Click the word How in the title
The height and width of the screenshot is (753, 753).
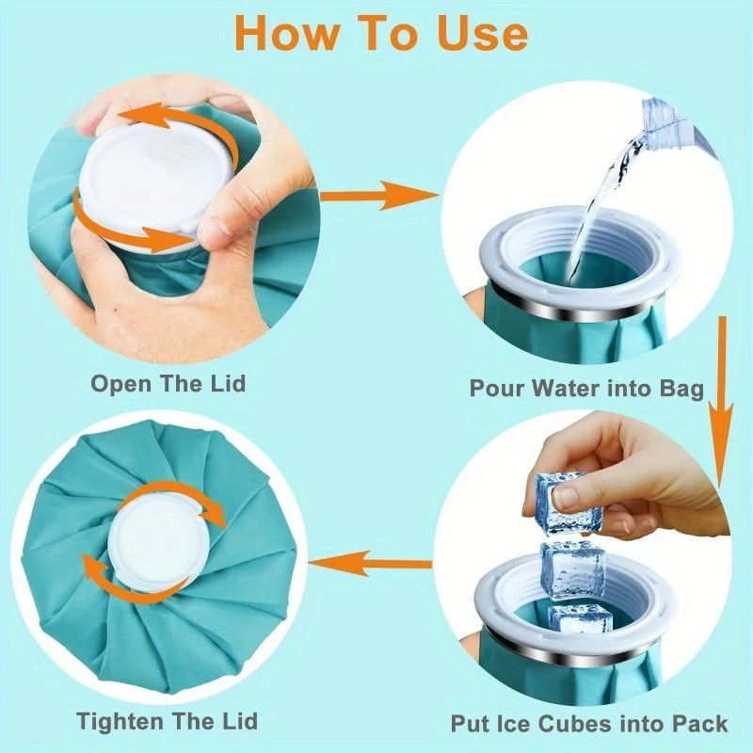click(285, 33)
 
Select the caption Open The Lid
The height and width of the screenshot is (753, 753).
click(168, 384)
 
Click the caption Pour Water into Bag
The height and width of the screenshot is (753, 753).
click(586, 388)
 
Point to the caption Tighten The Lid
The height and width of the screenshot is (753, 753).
click(168, 721)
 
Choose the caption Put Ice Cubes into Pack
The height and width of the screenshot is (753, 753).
click(589, 723)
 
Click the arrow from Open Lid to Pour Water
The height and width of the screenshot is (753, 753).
click(379, 196)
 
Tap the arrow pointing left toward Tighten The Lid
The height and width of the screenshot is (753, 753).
click(370, 563)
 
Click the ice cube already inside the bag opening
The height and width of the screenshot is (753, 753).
click(580, 619)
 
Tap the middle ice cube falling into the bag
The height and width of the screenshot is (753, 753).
click(571, 570)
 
